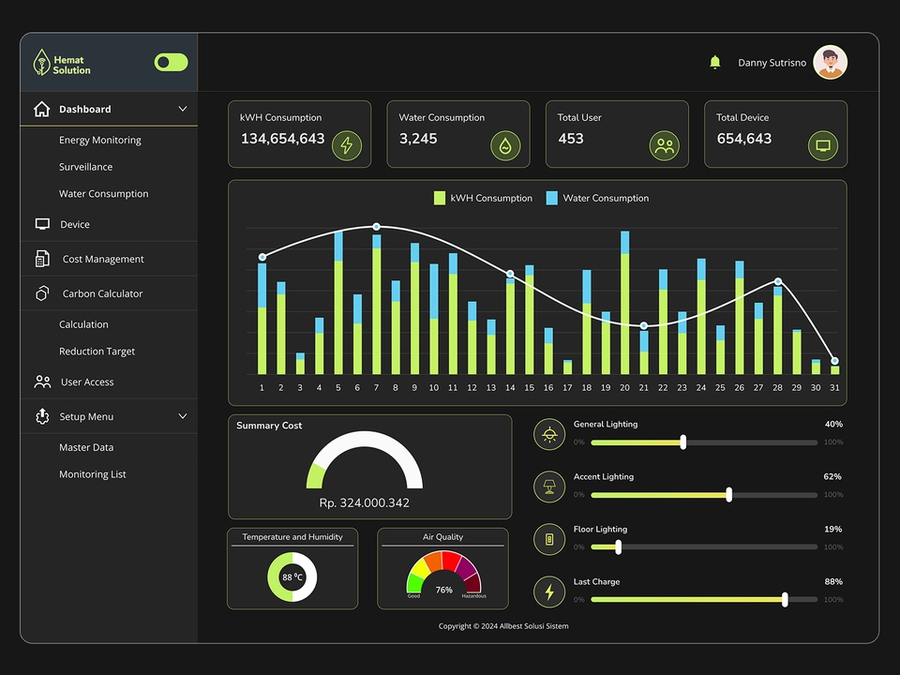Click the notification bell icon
pyautogui.click(x=715, y=62)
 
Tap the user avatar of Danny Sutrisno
pyautogui.click(x=830, y=63)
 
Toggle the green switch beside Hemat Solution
pyautogui.click(x=171, y=62)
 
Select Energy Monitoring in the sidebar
pyautogui.click(x=99, y=140)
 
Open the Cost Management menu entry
pyautogui.click(x=103, y=259)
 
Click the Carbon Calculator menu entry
pyautogui.click(x=102, y=293)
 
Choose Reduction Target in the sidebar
pyautogui.click(x=97, y=352)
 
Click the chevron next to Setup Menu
pyautogui.click(x=183, y=416)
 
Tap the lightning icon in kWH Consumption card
pyautogui.click(x=347, y=145)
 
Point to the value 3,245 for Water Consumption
pyautogui.click(x=418, y=139)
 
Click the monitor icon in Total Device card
pyautogui.click(x=823, y=145)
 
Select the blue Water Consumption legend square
pyautogui.click(x=551, y=198)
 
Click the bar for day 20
pyautogui.click(x=624, y=309)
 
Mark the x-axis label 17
pyautogui.click(x=567, y=387)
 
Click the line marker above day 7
pyautogui.click(x=376, y=227)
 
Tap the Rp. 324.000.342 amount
pyautogui.click(x=364, y=502)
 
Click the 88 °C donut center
pyautogui.click(x=292, y=577)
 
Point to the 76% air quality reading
pyautogui.click(x=443, y=590)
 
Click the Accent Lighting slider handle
pyautogui.click(x=728, y=494)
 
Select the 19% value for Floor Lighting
pyautogui.click(x=832, y=529)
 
